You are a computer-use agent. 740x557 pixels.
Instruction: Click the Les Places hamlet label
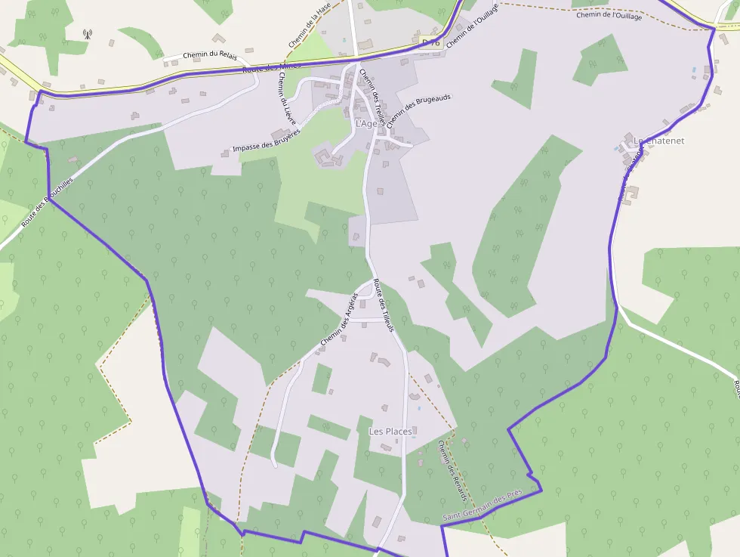coord(390,432)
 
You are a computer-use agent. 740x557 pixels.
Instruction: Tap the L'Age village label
coord(365,124)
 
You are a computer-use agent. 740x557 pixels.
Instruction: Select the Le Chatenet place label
coord(658,141)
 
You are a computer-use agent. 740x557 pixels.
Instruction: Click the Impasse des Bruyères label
coord(266,140)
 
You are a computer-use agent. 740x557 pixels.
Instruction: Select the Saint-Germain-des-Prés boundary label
coord(483,508)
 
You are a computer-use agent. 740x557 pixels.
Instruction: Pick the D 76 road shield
coord(430,42)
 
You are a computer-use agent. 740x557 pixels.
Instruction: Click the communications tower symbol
coord(87,34)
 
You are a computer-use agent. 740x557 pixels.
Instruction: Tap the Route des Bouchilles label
coord(48,203)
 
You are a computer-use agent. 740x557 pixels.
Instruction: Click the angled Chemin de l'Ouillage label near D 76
coord(473,26)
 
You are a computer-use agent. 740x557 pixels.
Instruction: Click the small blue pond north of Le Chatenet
coord(694,70)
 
